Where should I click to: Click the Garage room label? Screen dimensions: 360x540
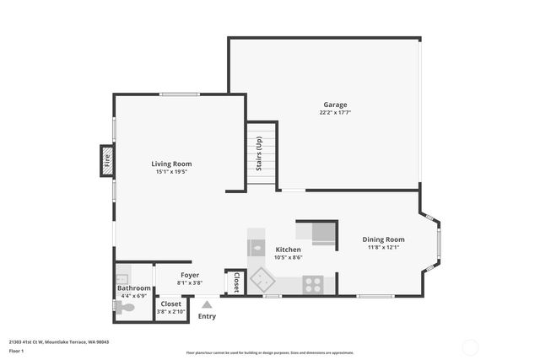pyautogui.click(x=335, y=105)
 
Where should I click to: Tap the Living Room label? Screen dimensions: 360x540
pyautogui.click(x=171, y=164)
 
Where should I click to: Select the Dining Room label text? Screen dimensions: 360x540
pyautogui.click(x=384, y=239)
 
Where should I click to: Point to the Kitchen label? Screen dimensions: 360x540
pyautogui.click(x=288, y=250)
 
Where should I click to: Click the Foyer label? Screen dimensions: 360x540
pyautogui.click(x=190, y=275)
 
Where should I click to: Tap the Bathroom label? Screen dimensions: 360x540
pyautogui.click(x=133, y=288)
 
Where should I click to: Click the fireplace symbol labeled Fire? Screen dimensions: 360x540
pyautogui.click(x=107, y=159)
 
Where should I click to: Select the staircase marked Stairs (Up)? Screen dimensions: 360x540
pyautogui.click(x=262, y=157)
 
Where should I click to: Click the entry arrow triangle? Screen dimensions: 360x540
pyautogui.click(x=207, y=304)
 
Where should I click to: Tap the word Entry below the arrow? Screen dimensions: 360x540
pyautogui.click(x=207, y=317)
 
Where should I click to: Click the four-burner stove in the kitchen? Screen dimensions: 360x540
pyautogui.click(x=313, y=284)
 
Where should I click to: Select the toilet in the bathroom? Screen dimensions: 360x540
pyautogui.click(x=124, y=309)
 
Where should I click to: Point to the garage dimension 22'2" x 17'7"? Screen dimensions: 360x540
pyautogui.click(x=335, y=112)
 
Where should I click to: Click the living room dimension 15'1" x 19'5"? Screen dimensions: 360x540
pyautogui.click(x=171, y=172)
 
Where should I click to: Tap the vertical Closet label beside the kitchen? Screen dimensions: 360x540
pyautogui.click(x=236, y=282)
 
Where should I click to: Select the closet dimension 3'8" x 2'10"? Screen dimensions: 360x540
pyautogui.click(x=171, y=312)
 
